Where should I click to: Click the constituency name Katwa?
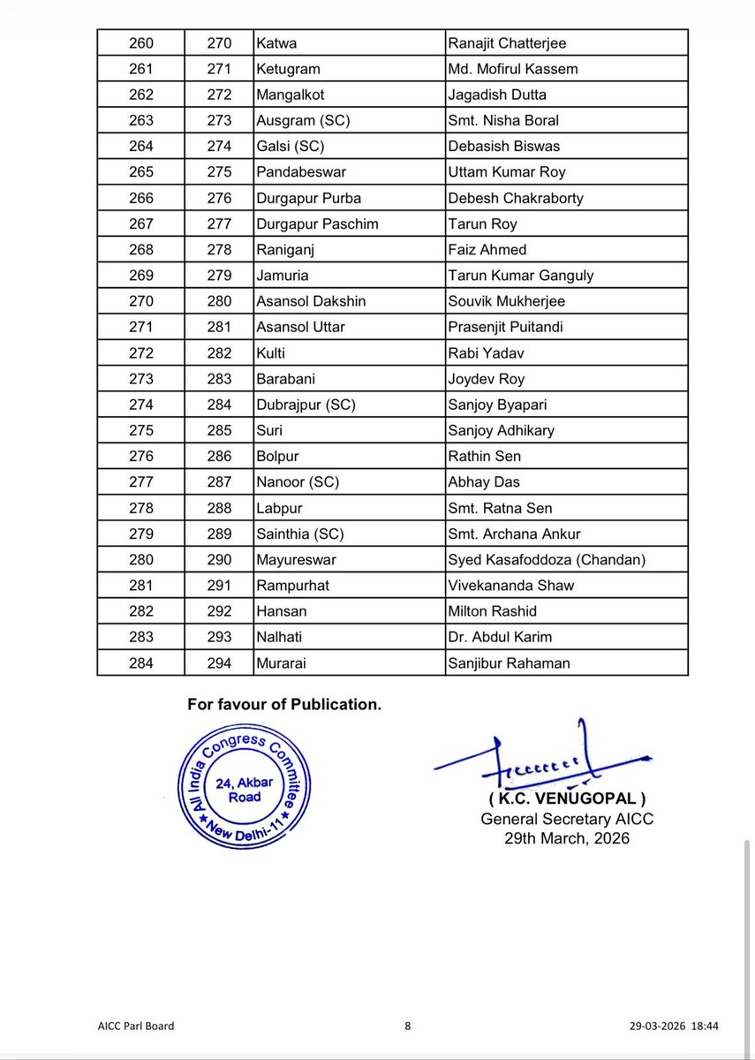[x=276, y=42]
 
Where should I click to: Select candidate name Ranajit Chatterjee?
[x=507, y=42]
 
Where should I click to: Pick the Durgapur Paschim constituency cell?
[x=317, y=223]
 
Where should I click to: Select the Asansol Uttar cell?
[x=300, y=327]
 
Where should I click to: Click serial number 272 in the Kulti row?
[x=140, y=352]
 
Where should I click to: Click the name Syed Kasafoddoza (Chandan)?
[x=547, y=559]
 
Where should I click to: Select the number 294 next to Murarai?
[x=219, y=662]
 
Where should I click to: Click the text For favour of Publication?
[x=284, y=705]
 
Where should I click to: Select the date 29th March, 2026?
[x=567, y=838]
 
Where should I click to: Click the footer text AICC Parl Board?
[x=136, y=1026]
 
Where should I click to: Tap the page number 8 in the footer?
[x=408, y=1026]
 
